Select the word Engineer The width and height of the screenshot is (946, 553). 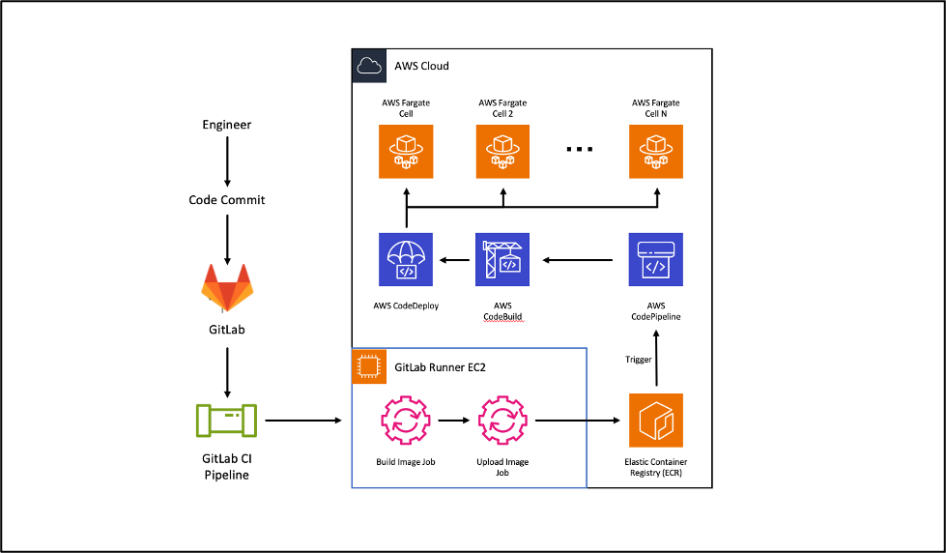coord(226,125)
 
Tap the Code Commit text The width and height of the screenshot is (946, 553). coord(226,200)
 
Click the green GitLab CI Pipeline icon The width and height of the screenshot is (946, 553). coord(226,421)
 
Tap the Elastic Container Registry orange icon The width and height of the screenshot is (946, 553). coord(655,421)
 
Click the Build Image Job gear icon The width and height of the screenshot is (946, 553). coord(406,422)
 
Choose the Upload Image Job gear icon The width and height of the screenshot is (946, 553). coord(502,422)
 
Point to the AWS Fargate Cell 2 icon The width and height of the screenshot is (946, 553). coord(502,152)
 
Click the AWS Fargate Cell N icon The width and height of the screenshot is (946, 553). coord(655,152)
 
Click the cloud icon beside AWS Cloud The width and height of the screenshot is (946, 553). coord(368,66)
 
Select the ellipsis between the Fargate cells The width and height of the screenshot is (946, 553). coord(579,150)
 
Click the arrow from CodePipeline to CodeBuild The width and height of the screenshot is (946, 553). coord(578,259)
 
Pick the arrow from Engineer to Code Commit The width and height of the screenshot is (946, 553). coord(226,161)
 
